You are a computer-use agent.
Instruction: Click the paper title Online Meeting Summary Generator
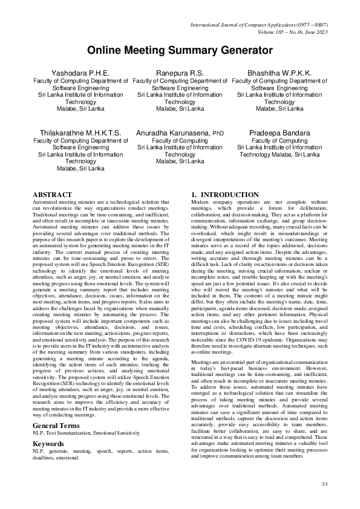click(x=180, y=51)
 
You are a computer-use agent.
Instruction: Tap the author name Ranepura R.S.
click(x=180, y=73)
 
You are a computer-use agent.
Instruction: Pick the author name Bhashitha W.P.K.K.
click(x=280, y=73)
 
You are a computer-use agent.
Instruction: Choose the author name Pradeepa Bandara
click(x=280, y=132)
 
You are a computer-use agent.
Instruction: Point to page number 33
click(x=324, y=484)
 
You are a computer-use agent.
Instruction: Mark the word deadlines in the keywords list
click(x=44, y=458)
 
